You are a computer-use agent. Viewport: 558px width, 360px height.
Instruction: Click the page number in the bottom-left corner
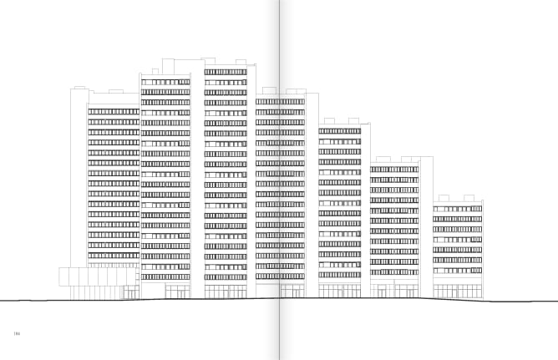click(x=16, y=334)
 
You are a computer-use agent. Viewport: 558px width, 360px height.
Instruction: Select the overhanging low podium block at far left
click(x=97, y=276)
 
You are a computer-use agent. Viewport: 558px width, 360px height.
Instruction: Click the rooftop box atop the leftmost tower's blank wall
click(x=79, y=88)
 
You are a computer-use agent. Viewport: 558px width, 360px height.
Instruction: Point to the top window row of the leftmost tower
click(x=114, y=111)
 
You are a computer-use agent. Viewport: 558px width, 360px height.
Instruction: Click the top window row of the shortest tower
click(x=458, y=209)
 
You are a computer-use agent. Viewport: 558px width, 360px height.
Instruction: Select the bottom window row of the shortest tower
click(x=458, y=271)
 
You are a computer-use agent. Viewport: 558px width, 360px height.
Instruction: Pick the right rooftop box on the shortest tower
click(x=469, y=198)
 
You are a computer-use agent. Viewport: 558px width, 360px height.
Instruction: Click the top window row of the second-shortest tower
click(x=394, y=170)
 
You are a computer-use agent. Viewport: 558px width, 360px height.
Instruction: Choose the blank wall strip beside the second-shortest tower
click(x=427, y=226)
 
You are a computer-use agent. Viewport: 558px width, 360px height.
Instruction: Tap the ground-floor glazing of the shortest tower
click(x=458, y=290)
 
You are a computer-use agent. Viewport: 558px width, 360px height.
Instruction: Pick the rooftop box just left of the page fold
click(x=269, y=91)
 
